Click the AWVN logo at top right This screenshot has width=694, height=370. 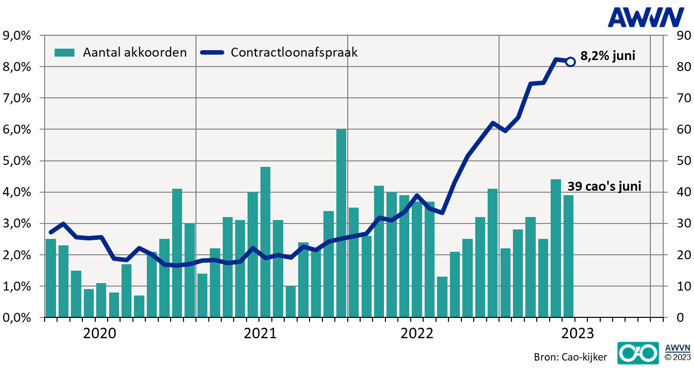point(646,17)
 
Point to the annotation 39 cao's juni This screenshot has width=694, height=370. point(604,187)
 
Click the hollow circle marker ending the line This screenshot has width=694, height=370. point(570,62)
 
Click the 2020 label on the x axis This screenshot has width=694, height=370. point(100,333)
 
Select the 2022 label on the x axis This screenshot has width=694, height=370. point(417,333)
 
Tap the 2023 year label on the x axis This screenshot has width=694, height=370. point(577,333)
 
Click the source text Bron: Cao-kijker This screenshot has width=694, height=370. point(570,357)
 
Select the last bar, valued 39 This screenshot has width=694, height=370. point(568,256)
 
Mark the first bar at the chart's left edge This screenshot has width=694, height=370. point(51,278)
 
